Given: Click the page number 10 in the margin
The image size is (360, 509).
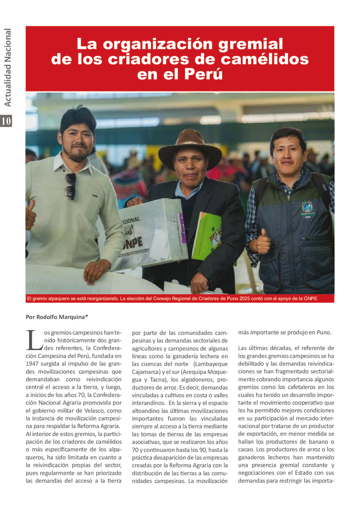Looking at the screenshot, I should pyautogui.click(x=6, y=121).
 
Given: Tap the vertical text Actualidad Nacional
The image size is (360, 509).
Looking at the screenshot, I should pyautogui.click(x=6, y=68).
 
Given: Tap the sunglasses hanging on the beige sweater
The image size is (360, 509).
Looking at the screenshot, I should pyautogui.click(x=71, y=186).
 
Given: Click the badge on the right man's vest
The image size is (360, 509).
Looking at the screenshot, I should pyautogui.click(x=307, y=209).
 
